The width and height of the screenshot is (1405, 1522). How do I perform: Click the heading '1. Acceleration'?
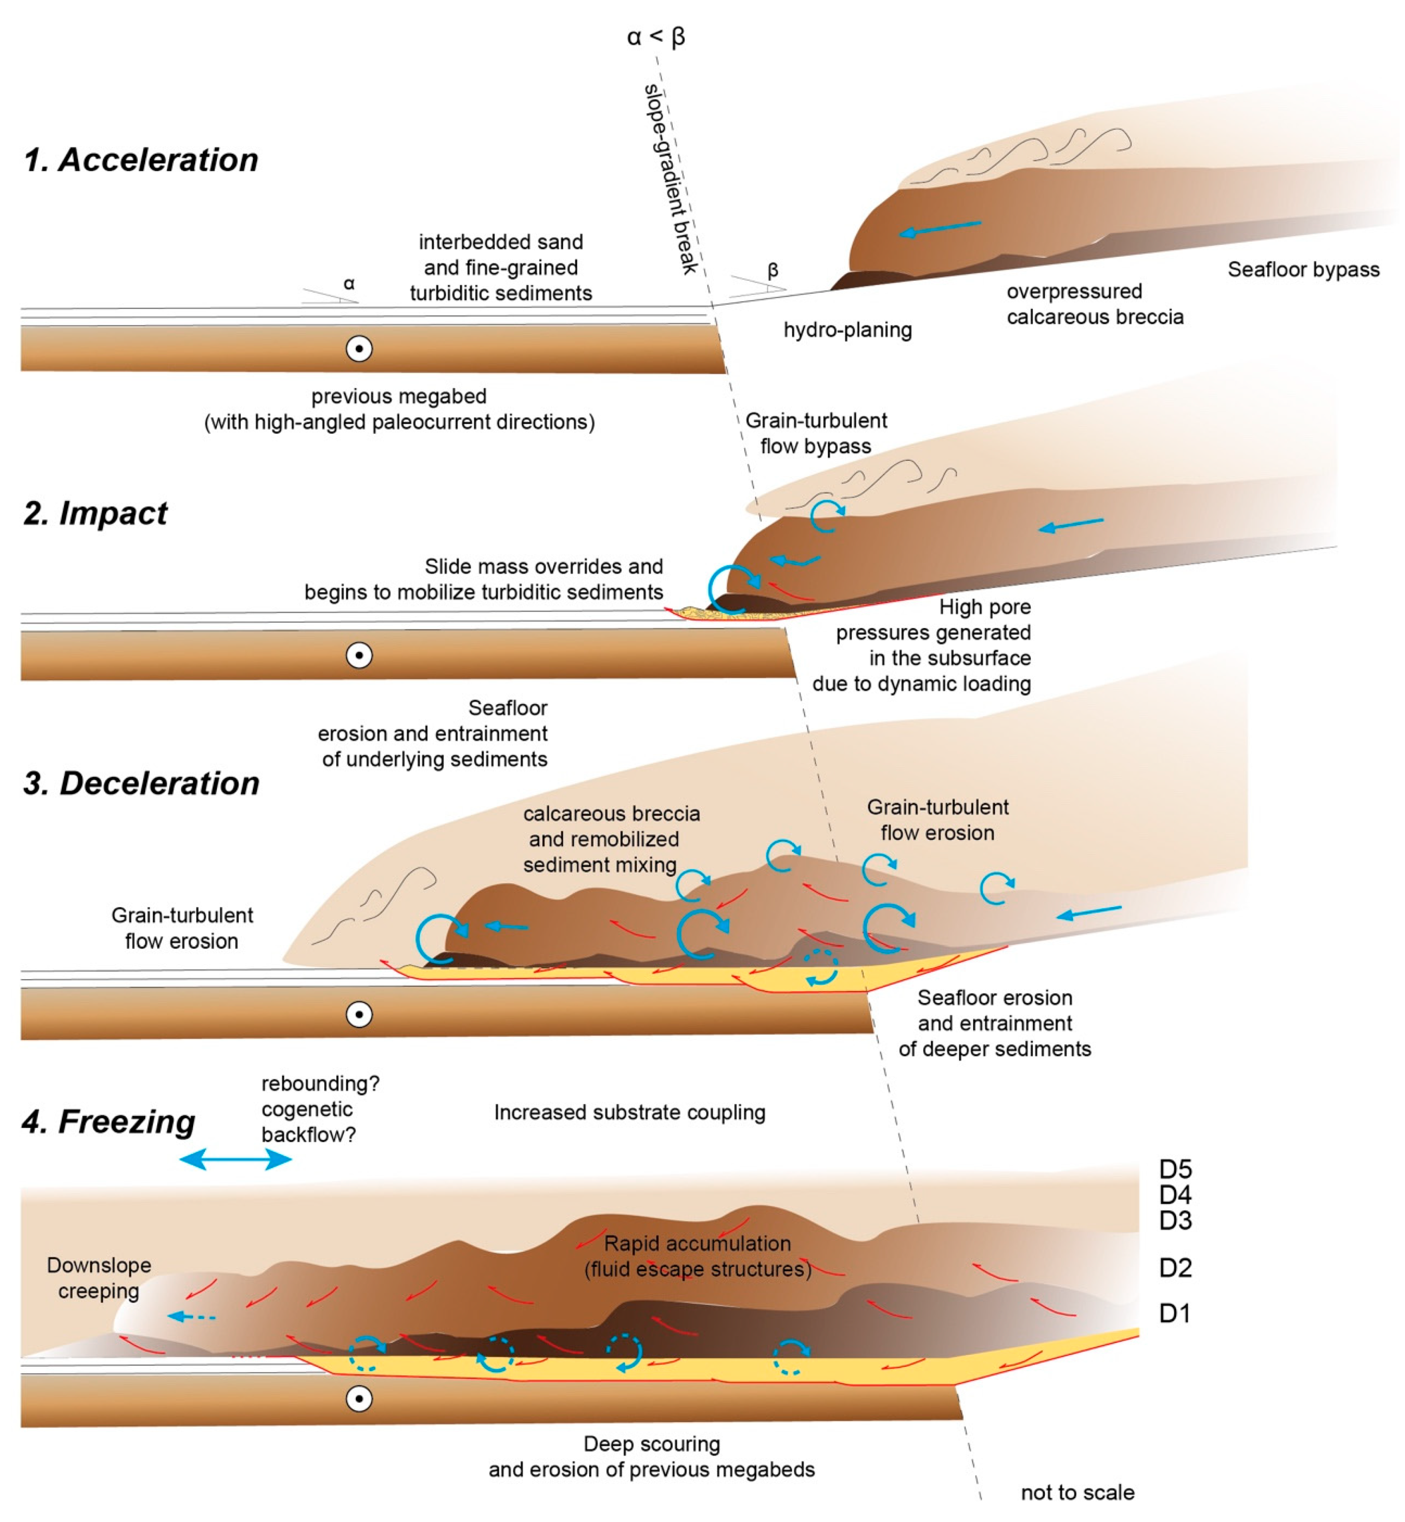141,160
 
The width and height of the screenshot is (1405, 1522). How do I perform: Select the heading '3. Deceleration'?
141,784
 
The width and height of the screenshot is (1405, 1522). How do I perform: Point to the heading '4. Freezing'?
109,1122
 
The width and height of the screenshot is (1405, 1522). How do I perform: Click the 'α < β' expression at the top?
655,36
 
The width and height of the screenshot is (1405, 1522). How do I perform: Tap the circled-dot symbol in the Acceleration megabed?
359,349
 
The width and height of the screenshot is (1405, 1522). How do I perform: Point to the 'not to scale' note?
1077,1492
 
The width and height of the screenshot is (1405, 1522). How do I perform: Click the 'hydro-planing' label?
848,330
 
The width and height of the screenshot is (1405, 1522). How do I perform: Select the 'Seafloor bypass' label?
1303,270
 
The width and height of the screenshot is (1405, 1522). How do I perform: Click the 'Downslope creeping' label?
99,1278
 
